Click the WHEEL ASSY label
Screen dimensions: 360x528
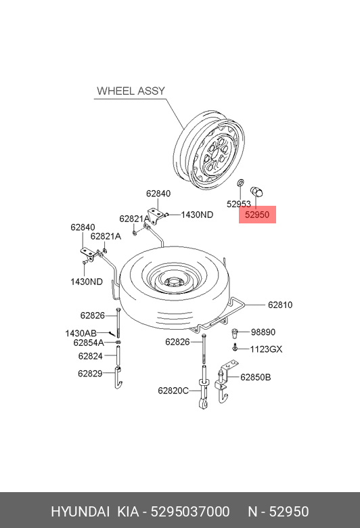pos(131,91)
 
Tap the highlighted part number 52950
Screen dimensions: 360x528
pos(257,215)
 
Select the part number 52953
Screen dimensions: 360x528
pos(239,204)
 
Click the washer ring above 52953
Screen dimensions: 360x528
pos(240,183)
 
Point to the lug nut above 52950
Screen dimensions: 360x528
pos(256,192)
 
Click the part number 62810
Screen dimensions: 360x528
pos(280,305)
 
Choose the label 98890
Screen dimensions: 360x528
pos(263,332)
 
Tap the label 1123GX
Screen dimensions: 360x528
pos(266,349)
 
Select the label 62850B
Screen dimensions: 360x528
pos(256,377)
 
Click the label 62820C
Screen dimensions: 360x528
pos(173,391)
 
